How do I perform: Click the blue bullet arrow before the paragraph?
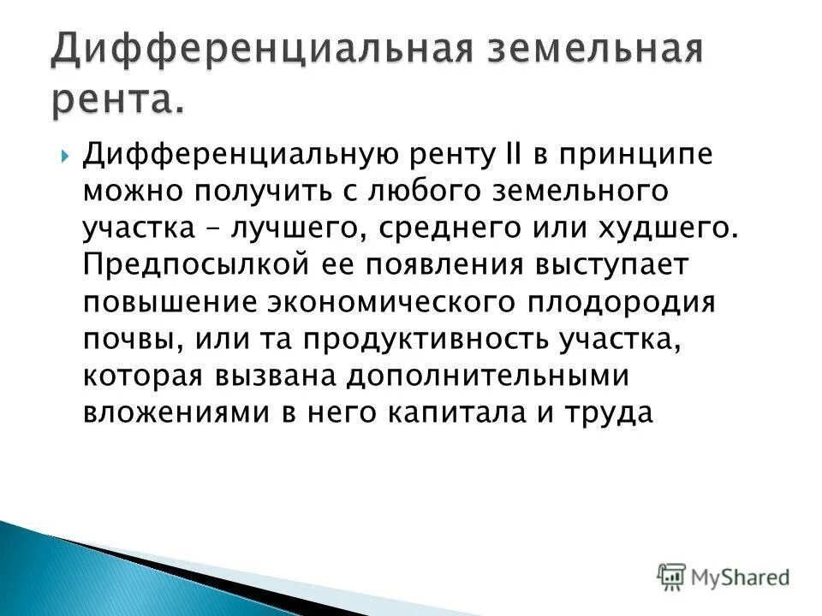[66, 156]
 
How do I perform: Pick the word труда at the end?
[609, 412]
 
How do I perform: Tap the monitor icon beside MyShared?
[672, 577]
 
